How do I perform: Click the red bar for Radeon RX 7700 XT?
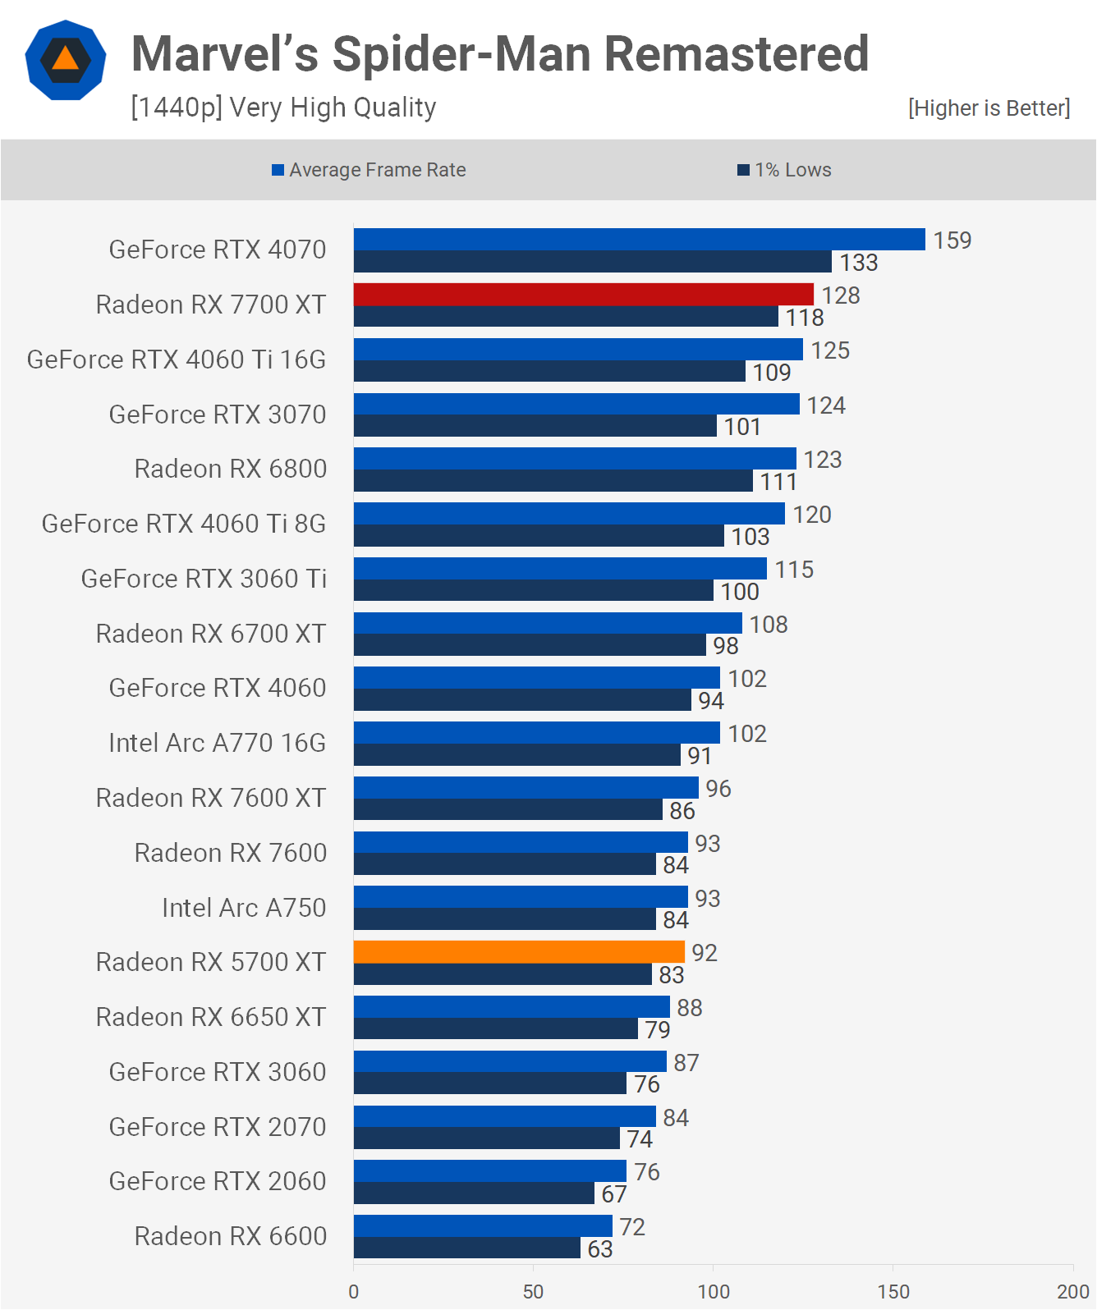584,294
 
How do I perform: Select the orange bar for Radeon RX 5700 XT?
519,952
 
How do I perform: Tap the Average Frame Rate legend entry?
369,170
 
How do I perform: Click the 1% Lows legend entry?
784,170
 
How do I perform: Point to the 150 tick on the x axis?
893,1292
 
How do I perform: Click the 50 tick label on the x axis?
534,1292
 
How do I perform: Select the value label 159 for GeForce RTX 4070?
952,240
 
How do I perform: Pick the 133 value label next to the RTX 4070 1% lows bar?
859,263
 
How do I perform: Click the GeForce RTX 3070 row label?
217,415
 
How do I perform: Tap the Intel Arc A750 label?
244,908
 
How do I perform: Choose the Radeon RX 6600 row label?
230,1236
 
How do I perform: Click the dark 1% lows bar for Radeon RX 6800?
553,481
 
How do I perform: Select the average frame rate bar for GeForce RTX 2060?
490,1170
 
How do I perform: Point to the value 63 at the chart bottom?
600,1249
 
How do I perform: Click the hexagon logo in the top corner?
65,60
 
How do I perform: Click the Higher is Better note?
989,108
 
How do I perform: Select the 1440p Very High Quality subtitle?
283,108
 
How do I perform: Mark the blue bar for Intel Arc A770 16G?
537,732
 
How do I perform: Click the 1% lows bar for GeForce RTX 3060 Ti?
534,590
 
